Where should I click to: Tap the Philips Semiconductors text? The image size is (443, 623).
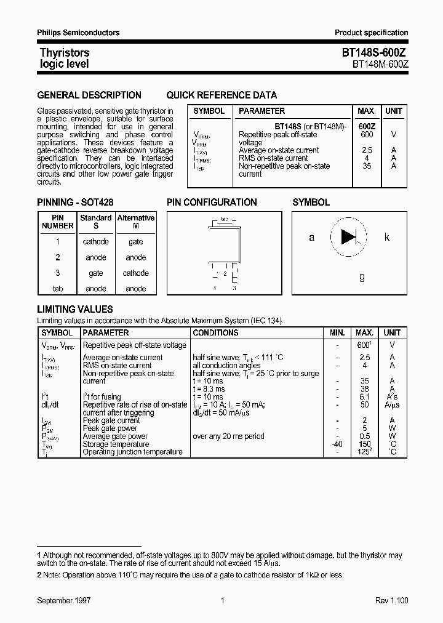tap(78, 33)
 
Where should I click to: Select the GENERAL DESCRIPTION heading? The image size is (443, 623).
tap(89, 95)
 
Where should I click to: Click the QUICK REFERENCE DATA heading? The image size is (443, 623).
tap(221, 95)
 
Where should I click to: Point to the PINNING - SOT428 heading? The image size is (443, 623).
tap(75, 203)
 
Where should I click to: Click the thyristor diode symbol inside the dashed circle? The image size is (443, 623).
tap(349, 237)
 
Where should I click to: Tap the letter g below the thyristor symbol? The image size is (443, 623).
tap(362, 277)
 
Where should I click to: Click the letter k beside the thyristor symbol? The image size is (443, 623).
tap(387, 237)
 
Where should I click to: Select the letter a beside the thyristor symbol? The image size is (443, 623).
tap(311, 237)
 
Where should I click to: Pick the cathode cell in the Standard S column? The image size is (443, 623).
tap(95, 242)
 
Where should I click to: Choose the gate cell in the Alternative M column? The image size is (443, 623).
tap(136, 242)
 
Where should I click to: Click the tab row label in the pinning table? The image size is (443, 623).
tap(58, 289)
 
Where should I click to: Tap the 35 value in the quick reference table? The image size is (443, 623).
tap(367, 166)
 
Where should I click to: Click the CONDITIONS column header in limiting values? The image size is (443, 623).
tap(215, 332)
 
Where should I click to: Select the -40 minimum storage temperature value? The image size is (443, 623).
tap(337, 444)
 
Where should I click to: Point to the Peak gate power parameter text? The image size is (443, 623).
tap(110, 428)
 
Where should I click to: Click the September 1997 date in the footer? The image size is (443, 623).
tap(64, 600)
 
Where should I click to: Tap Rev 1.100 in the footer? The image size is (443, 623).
tap(391, 600)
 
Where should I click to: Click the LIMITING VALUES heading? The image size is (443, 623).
tap(75, 310)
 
